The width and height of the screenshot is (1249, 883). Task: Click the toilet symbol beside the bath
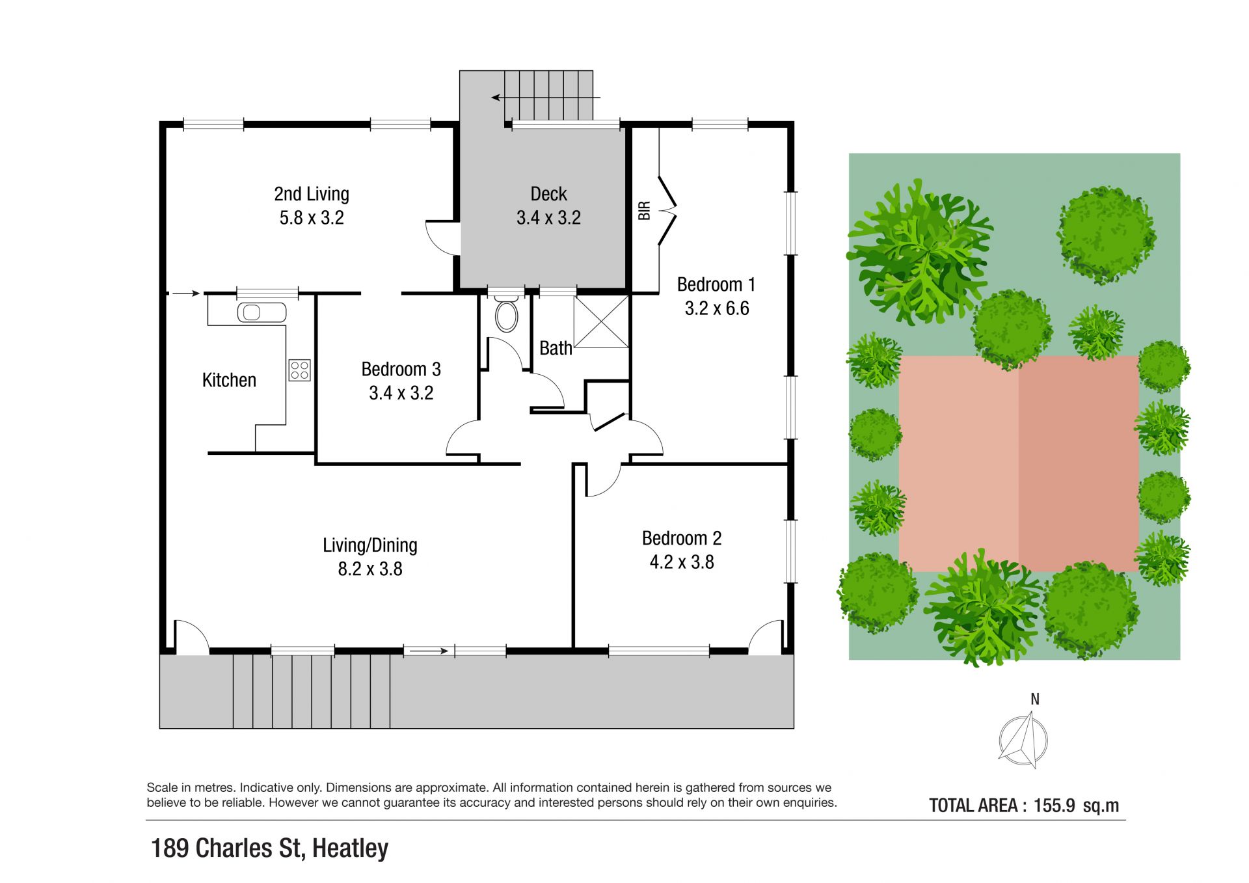pyautogui.click(x=507, y=315)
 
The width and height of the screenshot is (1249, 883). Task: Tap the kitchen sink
pyautogui.click(x=262, y=312)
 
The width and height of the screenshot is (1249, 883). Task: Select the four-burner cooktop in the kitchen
pyautogui.click(x=300, y=370)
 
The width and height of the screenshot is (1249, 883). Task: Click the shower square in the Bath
pyautogui.click(x=601, y=321)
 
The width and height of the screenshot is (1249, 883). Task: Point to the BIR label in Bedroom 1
pyautogui.click(x=645, y=211)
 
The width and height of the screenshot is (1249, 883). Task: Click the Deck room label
pyautogui.click(x=548, y=194)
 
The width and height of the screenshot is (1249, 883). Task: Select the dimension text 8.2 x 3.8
pyautogui.click(x=370, y=569)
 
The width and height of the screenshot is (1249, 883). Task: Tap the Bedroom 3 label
pyautogui.click(x=401, y=369)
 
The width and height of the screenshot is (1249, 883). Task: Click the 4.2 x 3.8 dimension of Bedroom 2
pyautogui.click(x=682, y=562)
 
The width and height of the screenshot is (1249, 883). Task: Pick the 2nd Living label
pyautogui.click(x=312, y=194)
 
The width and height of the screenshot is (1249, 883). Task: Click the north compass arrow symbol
pyautogui.click(x=1023, y=740)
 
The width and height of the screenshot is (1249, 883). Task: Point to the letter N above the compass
pyautogui.click(x=1035, y=699)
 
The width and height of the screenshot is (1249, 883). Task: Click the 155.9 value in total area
pyautogui.click(x=1054, y=806)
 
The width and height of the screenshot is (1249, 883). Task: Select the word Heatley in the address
pyautogui.click(x=350, y=849)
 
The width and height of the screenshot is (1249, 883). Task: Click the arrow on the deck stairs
pyautogui.click(x=545, y=98)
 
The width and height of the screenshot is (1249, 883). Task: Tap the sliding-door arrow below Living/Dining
pyautogui.click(x=426, y=651)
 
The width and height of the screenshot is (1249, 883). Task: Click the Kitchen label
pyautogui.click(x=229, y=380)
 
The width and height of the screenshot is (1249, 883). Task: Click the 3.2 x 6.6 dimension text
pyautogui.click(x=717, y=308)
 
